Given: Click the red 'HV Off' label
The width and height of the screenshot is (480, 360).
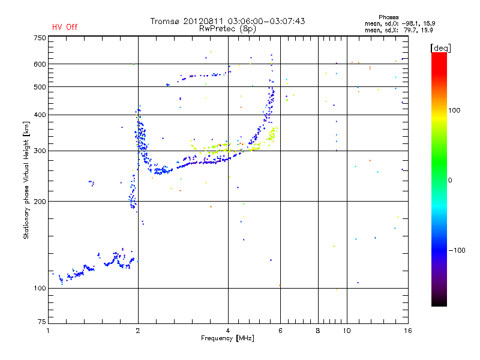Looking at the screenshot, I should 64,27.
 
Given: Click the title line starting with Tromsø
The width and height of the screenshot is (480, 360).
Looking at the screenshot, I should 227,21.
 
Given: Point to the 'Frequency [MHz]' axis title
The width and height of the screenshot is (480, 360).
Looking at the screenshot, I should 227,339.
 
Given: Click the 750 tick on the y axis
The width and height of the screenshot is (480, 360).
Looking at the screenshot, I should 39,37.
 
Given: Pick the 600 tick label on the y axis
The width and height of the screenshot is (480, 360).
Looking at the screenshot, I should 39,64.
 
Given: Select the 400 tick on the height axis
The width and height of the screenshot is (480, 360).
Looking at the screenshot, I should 39,115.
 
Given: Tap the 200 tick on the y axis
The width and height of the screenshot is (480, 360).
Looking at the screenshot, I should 39,201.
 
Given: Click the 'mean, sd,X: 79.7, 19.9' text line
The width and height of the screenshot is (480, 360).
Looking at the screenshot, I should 399,29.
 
